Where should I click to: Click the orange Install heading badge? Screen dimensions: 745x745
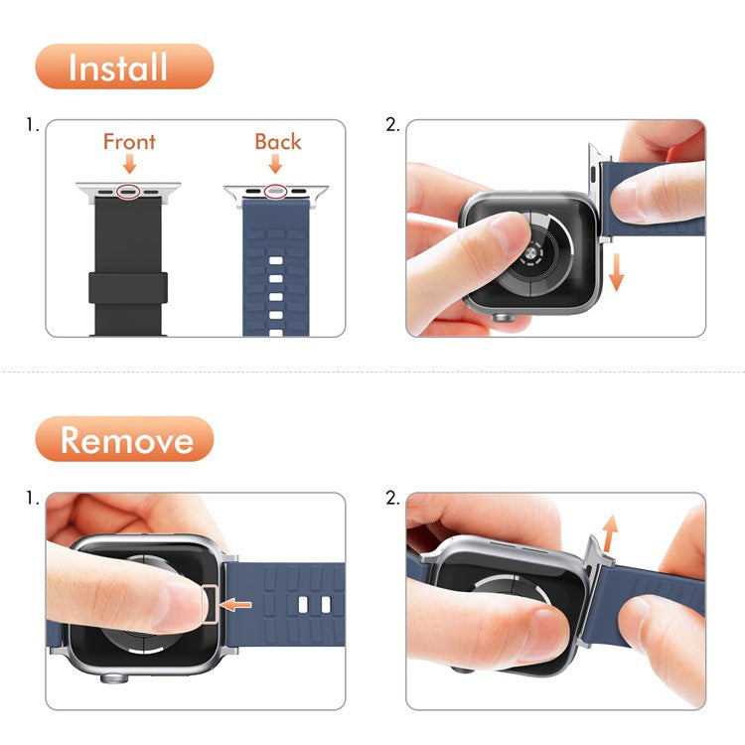pyautogui.click(x=124, y=67)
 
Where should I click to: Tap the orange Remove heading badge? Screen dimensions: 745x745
pyautogui.click(x=124, y=439)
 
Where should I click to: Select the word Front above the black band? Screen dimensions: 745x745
pyautogui.click(x=129, y=141)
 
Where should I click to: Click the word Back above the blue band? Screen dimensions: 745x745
pyautogui.click(x=278, y=141)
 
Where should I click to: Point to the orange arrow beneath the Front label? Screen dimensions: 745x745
pyautogui.click(x=129, y=166)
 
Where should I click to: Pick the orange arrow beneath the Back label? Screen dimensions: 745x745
pyautogui.click(x=278, y=166)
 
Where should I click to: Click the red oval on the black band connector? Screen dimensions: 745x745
pyautogui.click(x=128, y=191)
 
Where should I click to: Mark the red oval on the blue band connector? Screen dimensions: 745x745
pyautogui.click(x=276, y=191)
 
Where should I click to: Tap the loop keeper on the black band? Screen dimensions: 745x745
pyautogui.click(x=128, y=287)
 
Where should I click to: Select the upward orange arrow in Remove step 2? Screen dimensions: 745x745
pyautogui.click(x=610, y=532)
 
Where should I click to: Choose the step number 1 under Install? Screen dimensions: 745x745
pyautogui.click(x=33, y=126)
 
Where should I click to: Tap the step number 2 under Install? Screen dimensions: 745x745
pyautogui.click(x=391, y=126)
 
